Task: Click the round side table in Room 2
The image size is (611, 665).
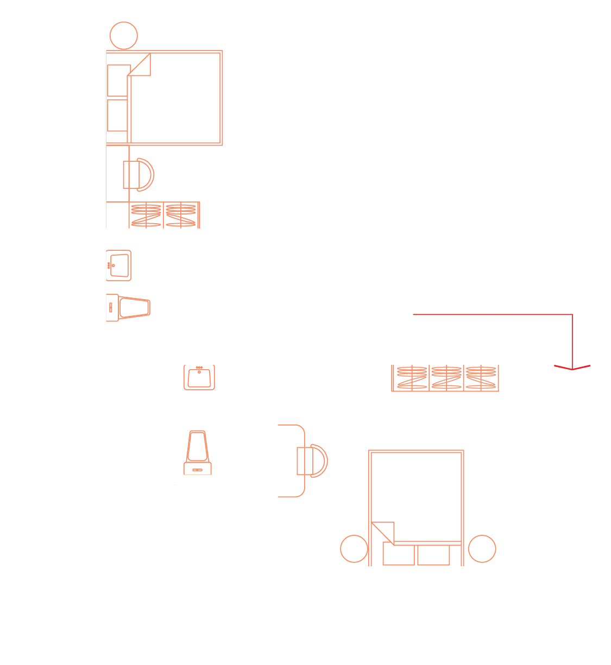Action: (x=124, y=35)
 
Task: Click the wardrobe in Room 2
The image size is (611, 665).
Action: (x=164, y=215)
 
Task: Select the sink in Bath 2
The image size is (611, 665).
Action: (x=118, y=265)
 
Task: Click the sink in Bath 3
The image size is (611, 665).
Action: (x=199, y=377)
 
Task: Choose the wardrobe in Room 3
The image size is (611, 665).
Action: (x=445, y=378)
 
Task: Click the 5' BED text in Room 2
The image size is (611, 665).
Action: (x=207, y=138)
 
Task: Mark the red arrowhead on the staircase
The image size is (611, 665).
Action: (x=572, y=367)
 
